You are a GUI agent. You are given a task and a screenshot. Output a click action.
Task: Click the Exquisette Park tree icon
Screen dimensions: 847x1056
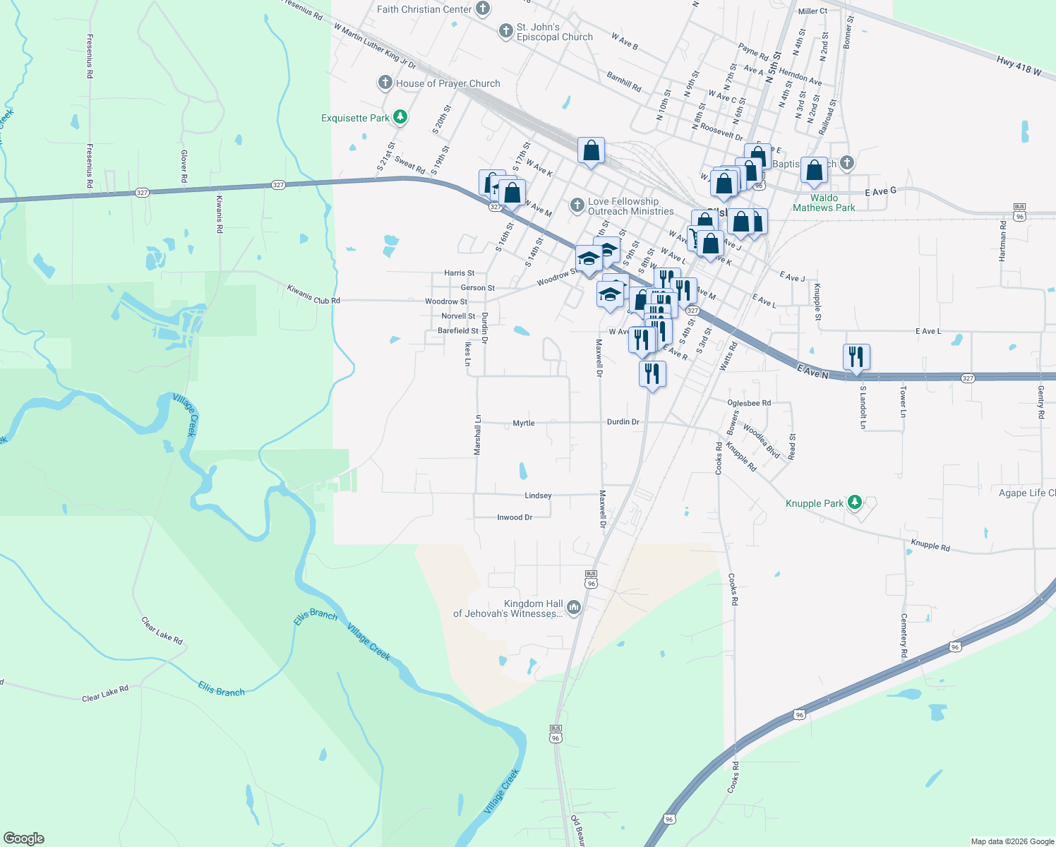tap(400, 117)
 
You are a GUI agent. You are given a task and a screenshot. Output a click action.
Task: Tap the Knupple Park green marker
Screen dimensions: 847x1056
tap(855, 503)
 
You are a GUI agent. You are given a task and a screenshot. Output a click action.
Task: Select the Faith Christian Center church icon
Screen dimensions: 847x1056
tap(483, 9)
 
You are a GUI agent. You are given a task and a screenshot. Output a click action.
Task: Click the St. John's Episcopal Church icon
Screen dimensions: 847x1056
tap(505, 31)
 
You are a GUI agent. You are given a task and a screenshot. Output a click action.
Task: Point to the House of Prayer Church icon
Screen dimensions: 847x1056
tap(385, 83)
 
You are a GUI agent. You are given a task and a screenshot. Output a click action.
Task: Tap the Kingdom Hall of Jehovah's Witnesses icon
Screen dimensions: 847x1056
tap(574, 607)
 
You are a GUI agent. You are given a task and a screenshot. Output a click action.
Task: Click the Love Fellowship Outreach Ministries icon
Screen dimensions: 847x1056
tap(577, 205)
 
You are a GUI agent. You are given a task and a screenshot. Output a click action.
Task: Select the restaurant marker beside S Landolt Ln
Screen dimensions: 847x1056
tap(856, 357)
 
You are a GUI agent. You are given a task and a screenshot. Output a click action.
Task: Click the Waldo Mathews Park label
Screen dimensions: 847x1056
tap(824, 203)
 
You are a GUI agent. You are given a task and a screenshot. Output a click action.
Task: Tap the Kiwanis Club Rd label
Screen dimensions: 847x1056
tap(313, 295)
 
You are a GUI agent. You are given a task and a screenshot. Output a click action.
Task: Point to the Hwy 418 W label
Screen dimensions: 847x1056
tap(1019, 66)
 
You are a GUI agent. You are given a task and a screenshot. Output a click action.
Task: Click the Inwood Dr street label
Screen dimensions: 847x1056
tap(515, 517)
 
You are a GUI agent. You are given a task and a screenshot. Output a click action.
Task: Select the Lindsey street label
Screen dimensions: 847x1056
tap(538, 495)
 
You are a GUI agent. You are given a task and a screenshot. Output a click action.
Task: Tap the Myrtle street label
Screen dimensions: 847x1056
tap(524, 423)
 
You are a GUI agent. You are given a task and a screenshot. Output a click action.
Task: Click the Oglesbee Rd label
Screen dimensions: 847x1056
tap(749, 403)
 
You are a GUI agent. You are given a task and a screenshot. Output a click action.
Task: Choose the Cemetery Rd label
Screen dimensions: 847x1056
tap(904, 635)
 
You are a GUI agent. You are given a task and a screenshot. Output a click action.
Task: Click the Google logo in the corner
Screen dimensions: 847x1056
tap(24, 839)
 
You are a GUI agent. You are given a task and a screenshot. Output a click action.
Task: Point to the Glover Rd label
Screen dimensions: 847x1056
tap(184, 167)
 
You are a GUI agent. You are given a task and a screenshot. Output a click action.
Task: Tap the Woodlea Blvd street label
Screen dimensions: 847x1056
tap(761, 441)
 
